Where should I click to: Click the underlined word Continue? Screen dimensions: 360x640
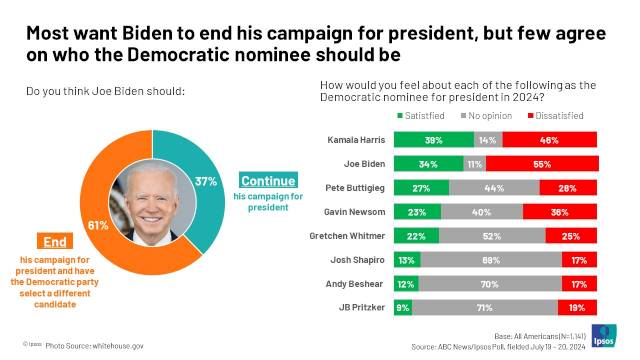coord(267,181)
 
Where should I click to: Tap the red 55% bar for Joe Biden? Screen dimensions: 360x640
coord(541,164)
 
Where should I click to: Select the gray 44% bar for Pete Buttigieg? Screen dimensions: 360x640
coord(494,188)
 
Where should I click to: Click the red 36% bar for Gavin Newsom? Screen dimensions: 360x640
coord(560,212)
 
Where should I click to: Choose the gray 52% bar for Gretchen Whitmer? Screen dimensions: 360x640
coord(492,236)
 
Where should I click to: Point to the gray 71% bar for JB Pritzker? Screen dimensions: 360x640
coord(485,308)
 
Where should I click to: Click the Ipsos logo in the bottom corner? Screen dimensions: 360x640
coord(604,334)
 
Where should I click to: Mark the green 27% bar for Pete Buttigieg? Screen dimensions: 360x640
coord(421,188)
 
